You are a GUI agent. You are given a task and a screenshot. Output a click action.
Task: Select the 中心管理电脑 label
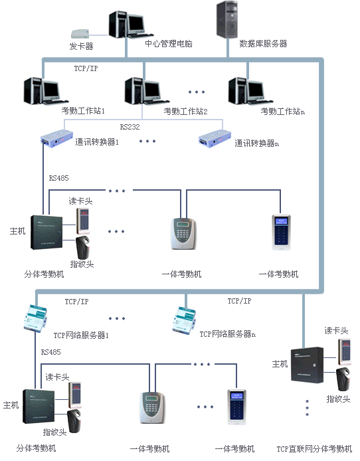click(169, 44)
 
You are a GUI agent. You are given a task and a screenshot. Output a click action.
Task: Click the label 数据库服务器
click(263, 44)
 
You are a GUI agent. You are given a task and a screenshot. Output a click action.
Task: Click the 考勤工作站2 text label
click(186, 111)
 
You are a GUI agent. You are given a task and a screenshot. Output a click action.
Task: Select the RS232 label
click(130, 126)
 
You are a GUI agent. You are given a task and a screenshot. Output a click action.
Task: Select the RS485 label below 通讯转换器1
click(59, 178)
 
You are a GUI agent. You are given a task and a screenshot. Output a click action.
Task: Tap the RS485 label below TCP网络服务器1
click(51, 351)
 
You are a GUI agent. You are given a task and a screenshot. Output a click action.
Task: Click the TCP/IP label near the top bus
click(86, 68)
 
